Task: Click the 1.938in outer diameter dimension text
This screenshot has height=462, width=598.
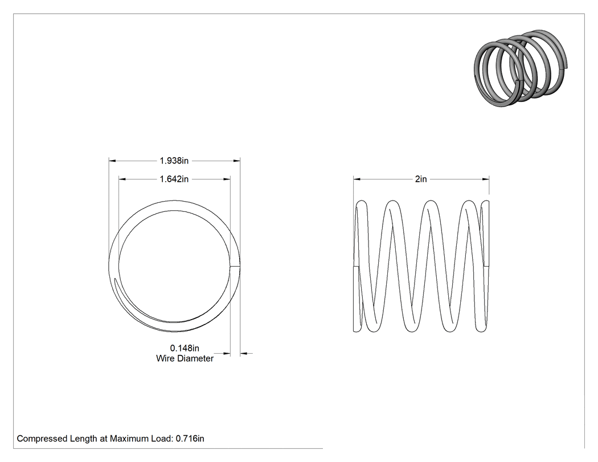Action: coord(174,161)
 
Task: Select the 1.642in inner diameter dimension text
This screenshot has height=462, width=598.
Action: coord(174,179)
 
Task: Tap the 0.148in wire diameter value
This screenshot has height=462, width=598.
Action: coord(185,348)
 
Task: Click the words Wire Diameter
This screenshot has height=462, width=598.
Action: coord(185,358)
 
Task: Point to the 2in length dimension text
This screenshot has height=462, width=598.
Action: coord(421,179)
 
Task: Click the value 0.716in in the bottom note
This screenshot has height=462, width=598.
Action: coord(190,439)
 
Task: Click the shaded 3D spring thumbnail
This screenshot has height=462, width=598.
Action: coord(521,68)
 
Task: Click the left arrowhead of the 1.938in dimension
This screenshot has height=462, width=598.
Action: coord(112,161)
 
